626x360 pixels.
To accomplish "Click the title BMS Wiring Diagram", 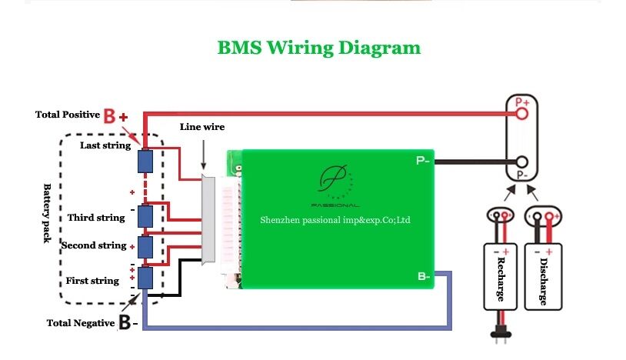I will [x=319, y=48].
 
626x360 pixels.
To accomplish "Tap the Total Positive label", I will [x=68, y=115].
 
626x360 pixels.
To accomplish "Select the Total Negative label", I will [x=81, y=323].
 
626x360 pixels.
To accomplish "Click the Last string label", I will [x=105, y=145].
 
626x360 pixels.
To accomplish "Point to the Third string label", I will [x=96, y=218].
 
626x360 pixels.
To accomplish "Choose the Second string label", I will [x=94, y=246].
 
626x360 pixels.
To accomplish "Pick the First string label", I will [x=92, y=281].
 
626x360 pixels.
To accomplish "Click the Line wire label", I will [x=202, y=127].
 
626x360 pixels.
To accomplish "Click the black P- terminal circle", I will [x=522, y=162].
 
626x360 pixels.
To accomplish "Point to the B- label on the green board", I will [x=424, y=275].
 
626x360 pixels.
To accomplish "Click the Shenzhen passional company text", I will [x=335, y=220].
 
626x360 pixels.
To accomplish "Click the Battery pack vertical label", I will [x=47, y=213].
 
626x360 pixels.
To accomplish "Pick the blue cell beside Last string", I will [x=145, y=162].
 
